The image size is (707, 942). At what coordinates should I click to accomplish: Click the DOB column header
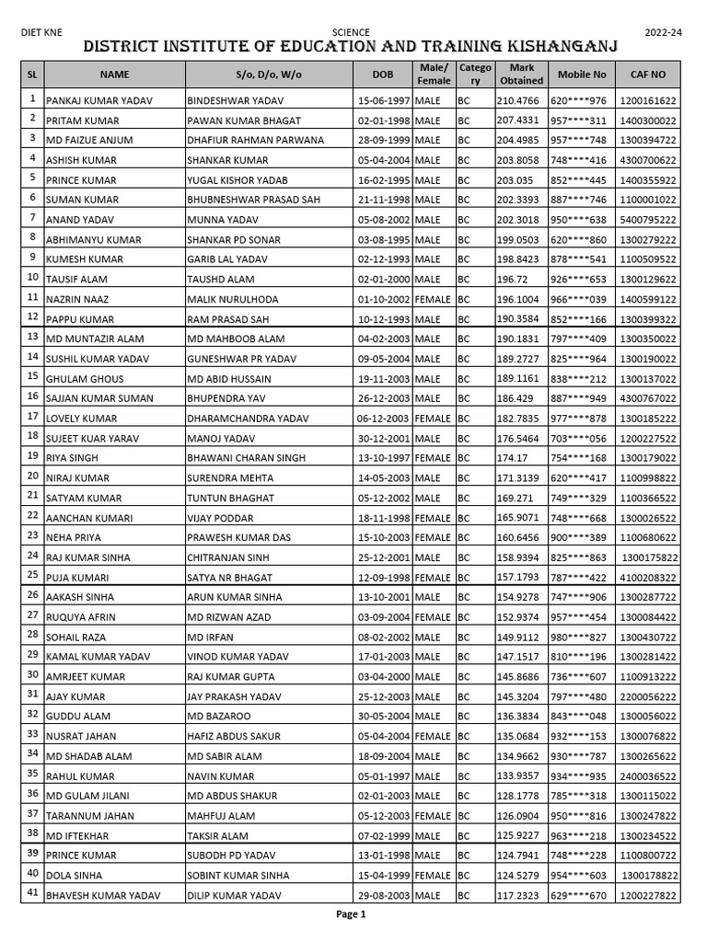(x=383, y=75)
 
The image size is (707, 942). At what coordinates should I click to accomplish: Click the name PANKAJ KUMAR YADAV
(x=99, y=101)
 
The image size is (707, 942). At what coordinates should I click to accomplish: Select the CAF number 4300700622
(x=648, y=160)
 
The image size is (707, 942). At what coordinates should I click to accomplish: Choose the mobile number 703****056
(x=579, y=439)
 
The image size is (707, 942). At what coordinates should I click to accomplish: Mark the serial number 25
(x=32, y=575)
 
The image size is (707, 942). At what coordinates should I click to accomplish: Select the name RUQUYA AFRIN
(x=81, y=617)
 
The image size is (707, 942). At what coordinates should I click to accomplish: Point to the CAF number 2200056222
(x=648, y=697)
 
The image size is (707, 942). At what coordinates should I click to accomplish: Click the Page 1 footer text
(x=351, y=914)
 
